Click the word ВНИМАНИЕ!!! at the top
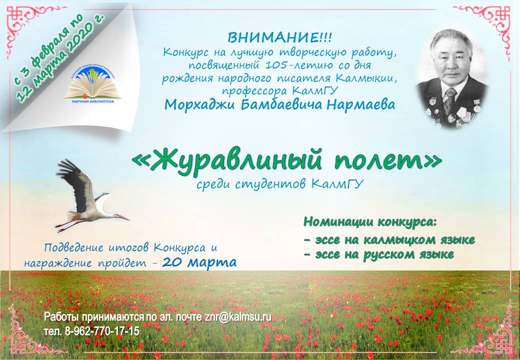(279, 38)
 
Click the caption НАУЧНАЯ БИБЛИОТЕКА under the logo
(93, 101)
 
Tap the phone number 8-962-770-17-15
(102, 331)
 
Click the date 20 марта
(199, 262)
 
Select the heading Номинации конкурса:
(369, 221)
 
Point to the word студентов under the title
(272, 184)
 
